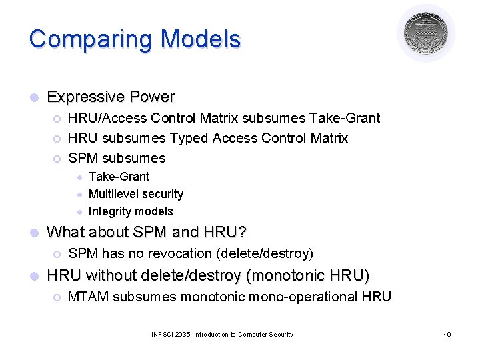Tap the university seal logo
426,33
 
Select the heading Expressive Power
111,97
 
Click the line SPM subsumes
117,158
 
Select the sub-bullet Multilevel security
135,194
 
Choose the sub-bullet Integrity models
131,211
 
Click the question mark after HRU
242,233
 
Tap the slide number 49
447,335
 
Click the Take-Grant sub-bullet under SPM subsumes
119,177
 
